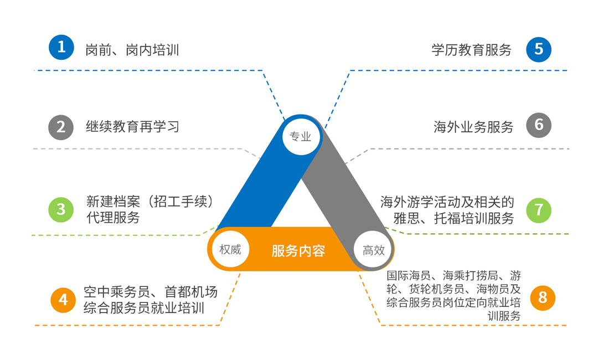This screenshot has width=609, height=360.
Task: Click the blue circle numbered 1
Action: [x=61, y=48]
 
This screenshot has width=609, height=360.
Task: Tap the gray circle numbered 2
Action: [x=61, y=127]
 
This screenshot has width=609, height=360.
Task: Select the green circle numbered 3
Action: [x=61, y=209]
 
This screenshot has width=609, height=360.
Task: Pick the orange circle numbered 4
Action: [x=63, y=300]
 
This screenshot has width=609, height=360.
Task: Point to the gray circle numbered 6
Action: [x=539, y=126]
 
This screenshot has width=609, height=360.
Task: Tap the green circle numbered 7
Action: [x=539, y=210]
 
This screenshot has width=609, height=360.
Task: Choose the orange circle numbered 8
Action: [x=542, y=297]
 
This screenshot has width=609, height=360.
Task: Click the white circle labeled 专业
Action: [x=301, y=136]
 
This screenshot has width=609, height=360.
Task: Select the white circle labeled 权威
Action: [x=230, y=249]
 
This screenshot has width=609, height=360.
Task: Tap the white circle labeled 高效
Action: [x=373, y=250]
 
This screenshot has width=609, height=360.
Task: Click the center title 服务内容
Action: [x=298, y=251]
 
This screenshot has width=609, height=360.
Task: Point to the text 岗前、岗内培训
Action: [x=132, y=50]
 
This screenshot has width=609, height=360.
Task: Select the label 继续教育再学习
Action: [x=132, y=126]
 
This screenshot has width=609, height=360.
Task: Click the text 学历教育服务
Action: [x=471, y=50]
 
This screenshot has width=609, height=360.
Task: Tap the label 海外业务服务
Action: [x=473, y=127]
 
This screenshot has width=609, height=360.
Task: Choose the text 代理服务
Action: [x=113, y=218]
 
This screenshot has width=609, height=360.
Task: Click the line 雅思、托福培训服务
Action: [x=453, y=218]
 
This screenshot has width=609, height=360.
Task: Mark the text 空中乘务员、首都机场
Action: [x=150, y=292]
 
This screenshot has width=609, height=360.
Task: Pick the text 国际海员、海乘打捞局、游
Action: [x=453, y=275]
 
